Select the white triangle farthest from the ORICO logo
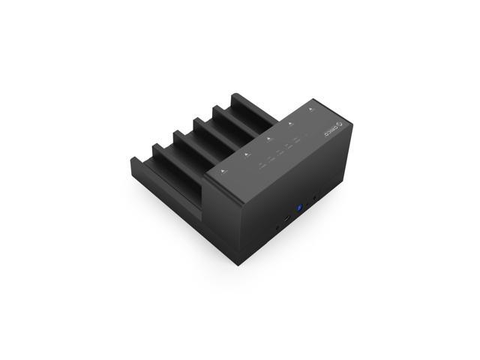[223, 172]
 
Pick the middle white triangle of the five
[268, 139]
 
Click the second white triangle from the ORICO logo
[290, 124]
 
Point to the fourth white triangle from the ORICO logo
[246, 154]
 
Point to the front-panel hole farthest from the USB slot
[316, 199]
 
